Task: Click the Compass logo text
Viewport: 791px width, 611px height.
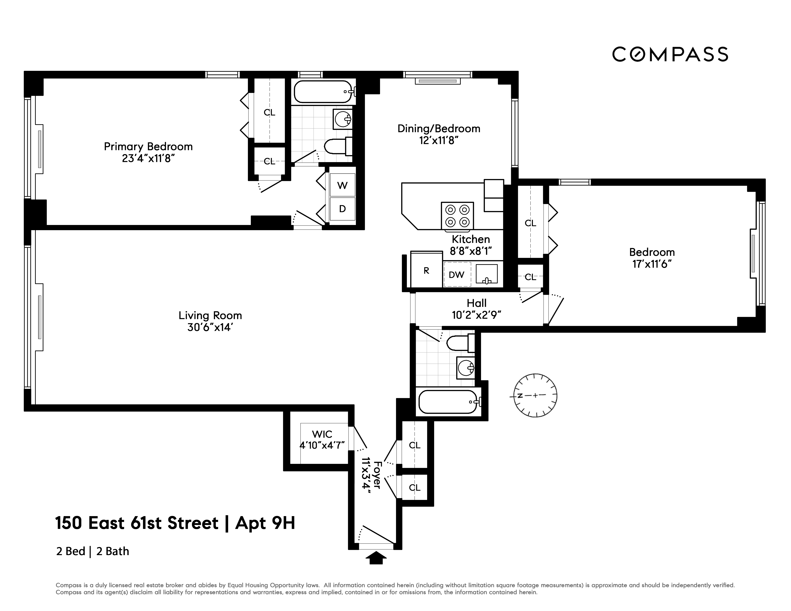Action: tap(670, 54)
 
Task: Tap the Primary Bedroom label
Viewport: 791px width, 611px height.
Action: tap(148, 147)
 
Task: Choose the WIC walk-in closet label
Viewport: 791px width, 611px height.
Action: tap(322, 434)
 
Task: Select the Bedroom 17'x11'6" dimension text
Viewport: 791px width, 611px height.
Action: tap(652, 264)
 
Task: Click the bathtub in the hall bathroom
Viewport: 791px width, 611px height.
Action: tap(449, 402)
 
